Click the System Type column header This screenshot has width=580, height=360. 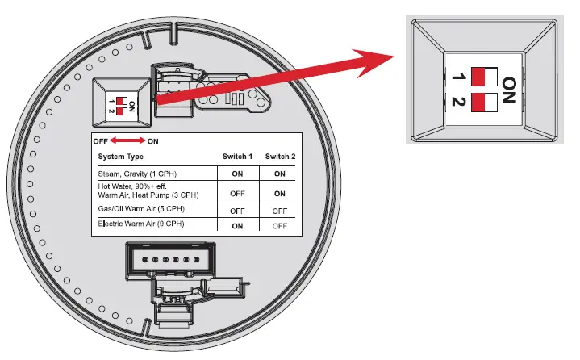point(121,157)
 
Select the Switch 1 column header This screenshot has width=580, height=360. point(237,157)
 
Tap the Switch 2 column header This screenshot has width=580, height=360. point(279,157)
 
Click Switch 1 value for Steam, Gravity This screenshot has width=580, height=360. point(237,174)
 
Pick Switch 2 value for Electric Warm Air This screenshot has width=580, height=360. point(279,225)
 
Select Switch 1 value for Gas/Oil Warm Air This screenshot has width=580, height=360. point(237,210)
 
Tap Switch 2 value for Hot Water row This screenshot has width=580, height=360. point(279,193)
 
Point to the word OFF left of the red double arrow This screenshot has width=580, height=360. point(100,141)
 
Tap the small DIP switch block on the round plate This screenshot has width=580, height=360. point(122,103)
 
